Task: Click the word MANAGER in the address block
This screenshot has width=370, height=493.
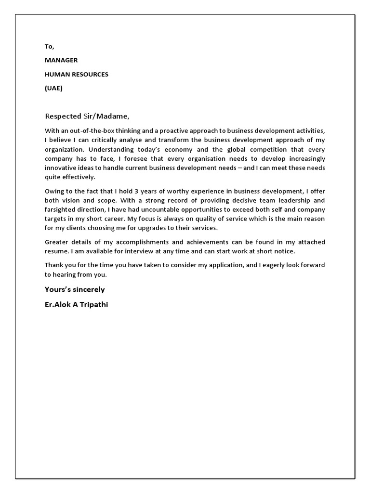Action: [61, 60]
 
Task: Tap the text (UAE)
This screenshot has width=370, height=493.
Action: [53, 88]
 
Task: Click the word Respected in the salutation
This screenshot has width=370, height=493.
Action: [61, 116]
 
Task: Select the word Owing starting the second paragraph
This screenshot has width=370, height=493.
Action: [54, 191]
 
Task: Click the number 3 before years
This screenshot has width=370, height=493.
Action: [136, 191]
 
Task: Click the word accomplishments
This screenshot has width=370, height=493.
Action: [132, 242]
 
